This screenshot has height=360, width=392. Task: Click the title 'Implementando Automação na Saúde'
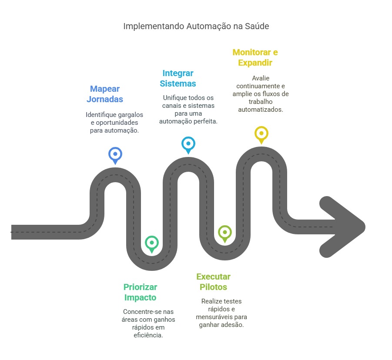coord(196,26)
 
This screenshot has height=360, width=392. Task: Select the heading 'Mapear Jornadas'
coord(105,94)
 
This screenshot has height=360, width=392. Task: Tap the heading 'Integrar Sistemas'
coord(178,78)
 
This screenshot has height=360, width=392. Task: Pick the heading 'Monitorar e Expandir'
coord(255,57)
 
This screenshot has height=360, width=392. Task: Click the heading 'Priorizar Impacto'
coord(140,292)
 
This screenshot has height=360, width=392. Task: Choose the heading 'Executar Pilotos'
coord(213,282)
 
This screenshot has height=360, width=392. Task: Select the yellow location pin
coord(261,135)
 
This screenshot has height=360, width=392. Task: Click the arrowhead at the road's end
coord(342,227)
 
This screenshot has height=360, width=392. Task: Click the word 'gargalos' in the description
coord(131,115)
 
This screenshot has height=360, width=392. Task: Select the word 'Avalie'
coord(261,78)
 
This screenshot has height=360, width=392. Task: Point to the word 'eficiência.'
coord(148,335)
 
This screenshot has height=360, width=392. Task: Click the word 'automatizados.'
coord(261,110)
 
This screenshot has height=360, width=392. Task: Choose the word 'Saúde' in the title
coord(257,26)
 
